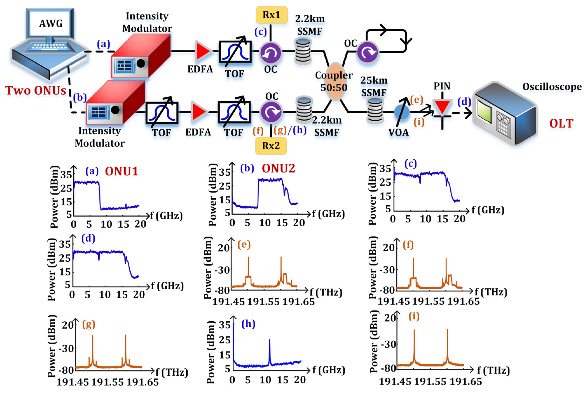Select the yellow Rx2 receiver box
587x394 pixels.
pos(271,146)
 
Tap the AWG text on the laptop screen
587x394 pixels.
pos(51,24)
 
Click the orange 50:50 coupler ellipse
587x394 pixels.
pos(334,82)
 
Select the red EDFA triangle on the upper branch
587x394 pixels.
pos(202,51)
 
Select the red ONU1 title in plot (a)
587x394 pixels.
pos(121,171)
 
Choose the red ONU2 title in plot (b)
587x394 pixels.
pos(278,168)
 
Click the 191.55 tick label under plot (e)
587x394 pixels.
pos(263,302)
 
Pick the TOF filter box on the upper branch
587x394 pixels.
pos(235,51)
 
